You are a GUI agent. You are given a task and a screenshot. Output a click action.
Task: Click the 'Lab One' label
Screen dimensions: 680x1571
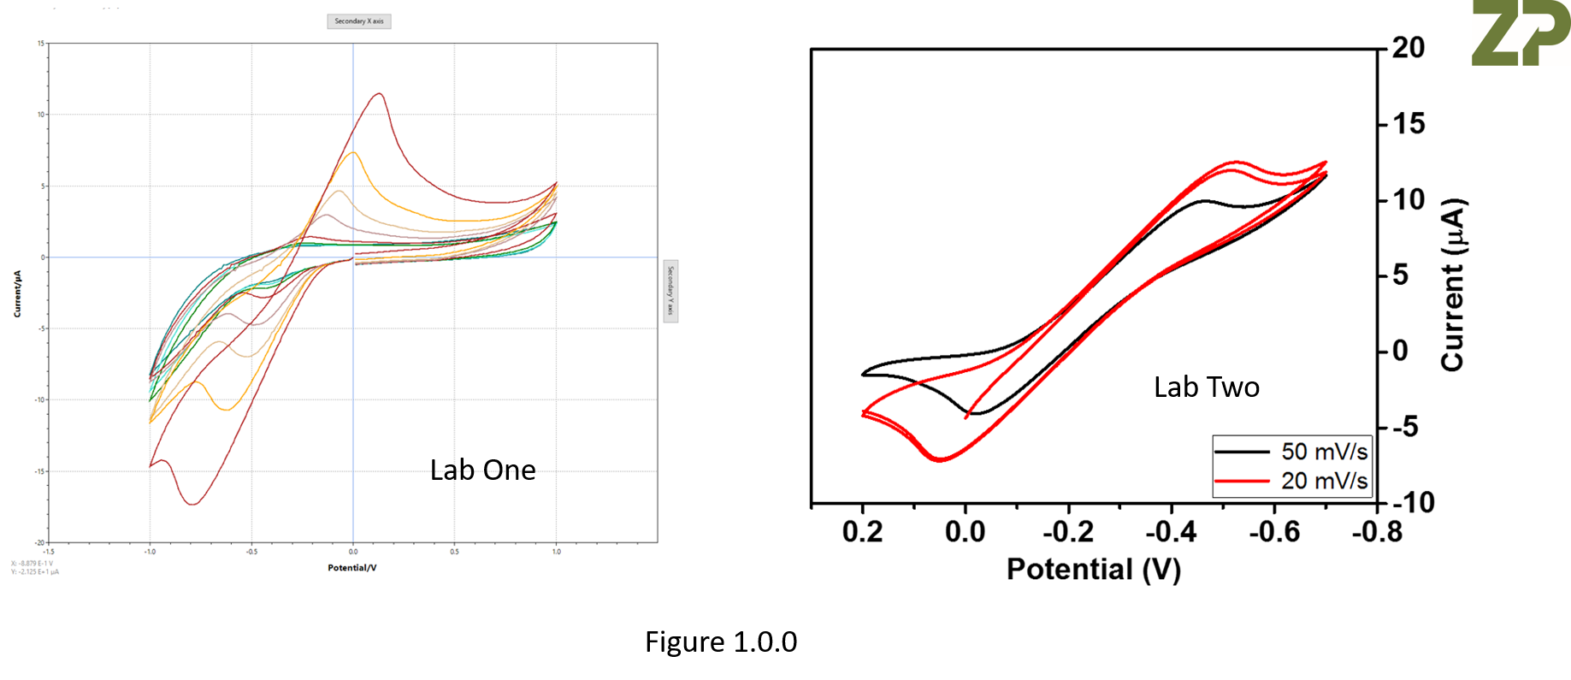tap(482, 470)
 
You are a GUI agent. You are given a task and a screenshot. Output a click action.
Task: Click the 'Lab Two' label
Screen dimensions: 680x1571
tap(1206, 387)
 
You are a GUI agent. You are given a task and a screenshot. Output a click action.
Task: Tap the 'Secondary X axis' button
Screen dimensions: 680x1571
tap(358, 21)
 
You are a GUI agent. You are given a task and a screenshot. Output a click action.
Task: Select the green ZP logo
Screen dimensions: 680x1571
tap(1520, 33)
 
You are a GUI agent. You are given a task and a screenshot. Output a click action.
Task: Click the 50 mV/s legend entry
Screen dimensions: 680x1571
tap(1291, 451)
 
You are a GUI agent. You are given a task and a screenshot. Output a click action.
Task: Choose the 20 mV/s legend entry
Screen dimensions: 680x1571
tap(1291, 481)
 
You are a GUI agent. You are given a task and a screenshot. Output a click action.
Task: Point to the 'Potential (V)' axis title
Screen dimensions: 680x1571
tap(1093, 569)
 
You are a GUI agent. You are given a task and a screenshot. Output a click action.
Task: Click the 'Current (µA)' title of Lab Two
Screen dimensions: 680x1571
tap(1453, 285)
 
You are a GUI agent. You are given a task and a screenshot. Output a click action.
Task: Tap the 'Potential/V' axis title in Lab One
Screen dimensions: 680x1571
tap(351, 567)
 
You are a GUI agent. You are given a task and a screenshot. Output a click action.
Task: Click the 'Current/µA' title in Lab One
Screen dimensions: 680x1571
tap(17, 293)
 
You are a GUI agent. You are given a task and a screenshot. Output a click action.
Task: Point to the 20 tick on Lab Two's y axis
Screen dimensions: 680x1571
tap(1408, 48)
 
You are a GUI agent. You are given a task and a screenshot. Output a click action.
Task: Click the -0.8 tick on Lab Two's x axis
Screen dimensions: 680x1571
tap(1377, 532)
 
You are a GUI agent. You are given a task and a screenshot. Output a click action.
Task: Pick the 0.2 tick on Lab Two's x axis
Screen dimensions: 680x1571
tap(862, 532)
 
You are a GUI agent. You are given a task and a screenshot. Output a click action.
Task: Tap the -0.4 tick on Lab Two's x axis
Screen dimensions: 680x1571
tap(1171, 532)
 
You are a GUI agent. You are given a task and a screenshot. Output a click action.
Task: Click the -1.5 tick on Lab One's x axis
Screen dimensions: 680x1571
tap(49, 552)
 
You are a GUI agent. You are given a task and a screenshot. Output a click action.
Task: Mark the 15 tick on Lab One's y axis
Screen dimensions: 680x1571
tap(40, 43)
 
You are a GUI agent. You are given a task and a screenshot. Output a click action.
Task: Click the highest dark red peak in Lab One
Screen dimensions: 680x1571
tap(379, 93)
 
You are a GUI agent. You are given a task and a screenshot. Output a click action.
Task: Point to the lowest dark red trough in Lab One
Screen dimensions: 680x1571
tap(192, 504)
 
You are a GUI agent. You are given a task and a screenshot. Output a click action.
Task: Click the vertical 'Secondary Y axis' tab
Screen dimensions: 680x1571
tap(670, 292)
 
